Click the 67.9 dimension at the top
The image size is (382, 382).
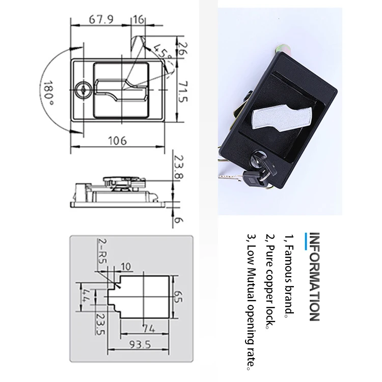pos(101,19)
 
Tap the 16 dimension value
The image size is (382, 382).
pos(139,19)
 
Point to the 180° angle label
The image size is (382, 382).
pos(48,93)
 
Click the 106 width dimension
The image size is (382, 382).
pos(118,141)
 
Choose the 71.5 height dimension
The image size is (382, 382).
pos(183,91)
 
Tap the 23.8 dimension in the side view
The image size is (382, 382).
pos(179,167)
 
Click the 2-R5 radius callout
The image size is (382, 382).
pos(102,251)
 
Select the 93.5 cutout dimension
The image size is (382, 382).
pos(140,344)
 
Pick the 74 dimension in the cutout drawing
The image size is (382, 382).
pos(149,329)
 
